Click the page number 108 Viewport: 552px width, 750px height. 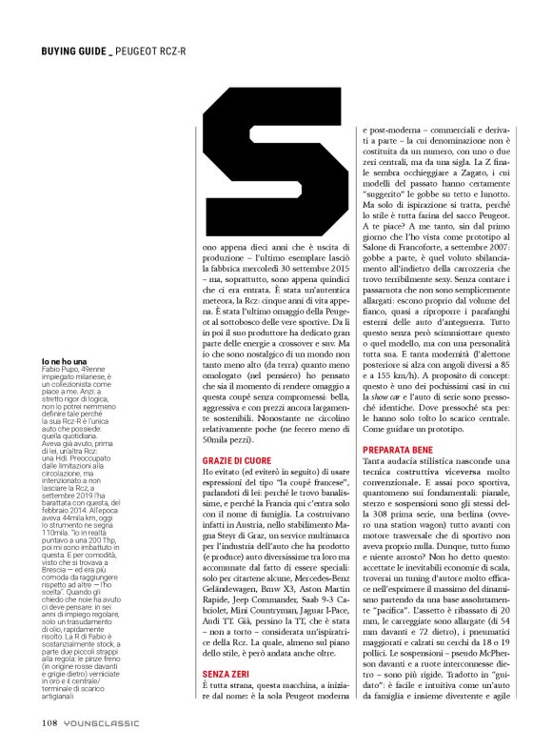point(50,720)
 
